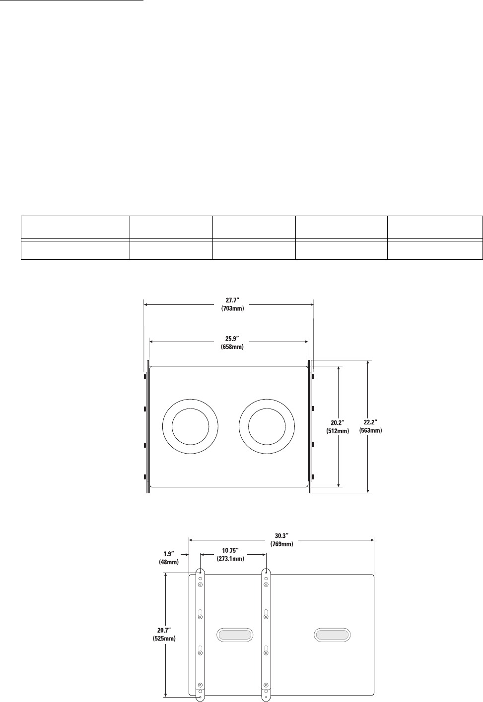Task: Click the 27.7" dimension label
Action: click(232, 301)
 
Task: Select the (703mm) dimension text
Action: click(232, 308)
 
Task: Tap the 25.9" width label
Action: click(232, 339)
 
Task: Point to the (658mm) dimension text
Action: click(232, 347)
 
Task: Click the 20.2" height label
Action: click(338, 423)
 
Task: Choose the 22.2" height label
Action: click(371, 423)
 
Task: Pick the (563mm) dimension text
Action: click(371, 431)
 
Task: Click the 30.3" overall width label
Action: click(282, 536)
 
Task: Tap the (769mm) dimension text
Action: click(282, 544)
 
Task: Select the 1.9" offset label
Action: click(169, 554)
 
